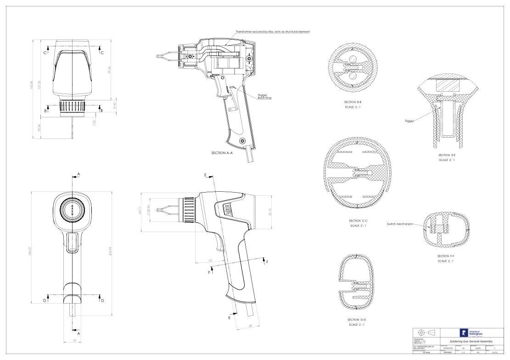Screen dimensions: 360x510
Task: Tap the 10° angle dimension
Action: coord(210,260)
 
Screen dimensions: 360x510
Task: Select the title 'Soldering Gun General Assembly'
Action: coord(465,341)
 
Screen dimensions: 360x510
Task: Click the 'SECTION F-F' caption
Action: coord(449,256)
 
